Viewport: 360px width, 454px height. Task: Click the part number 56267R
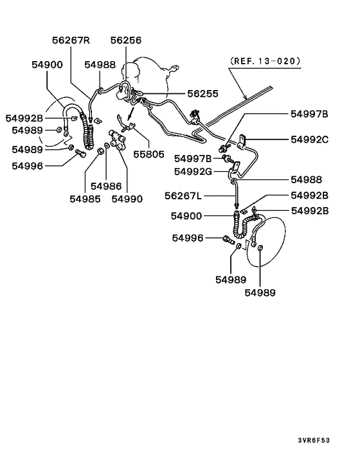point(71,40)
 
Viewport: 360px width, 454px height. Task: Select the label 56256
point(126,40)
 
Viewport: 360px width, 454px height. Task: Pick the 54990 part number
point(127,199)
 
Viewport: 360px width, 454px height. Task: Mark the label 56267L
point(184,195)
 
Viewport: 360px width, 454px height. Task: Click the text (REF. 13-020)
point(264,62)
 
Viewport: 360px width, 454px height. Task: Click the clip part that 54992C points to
point(245,139)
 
